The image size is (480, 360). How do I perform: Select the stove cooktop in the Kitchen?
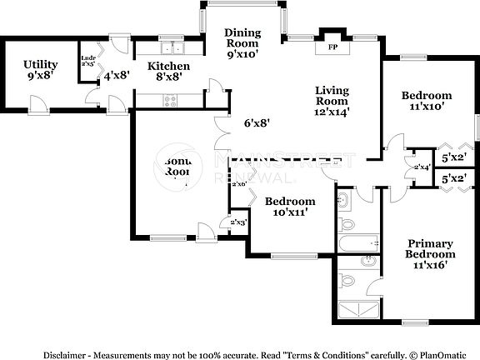(x=171, y=101)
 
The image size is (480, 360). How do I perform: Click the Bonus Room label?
(x=177, y=166)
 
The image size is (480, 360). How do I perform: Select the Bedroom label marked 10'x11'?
(x=289, y=206)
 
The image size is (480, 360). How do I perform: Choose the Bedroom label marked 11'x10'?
(x=426, y=100)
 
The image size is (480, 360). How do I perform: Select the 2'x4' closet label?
(x=422, y=167)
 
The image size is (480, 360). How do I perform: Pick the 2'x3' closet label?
(x=237, y=222)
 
